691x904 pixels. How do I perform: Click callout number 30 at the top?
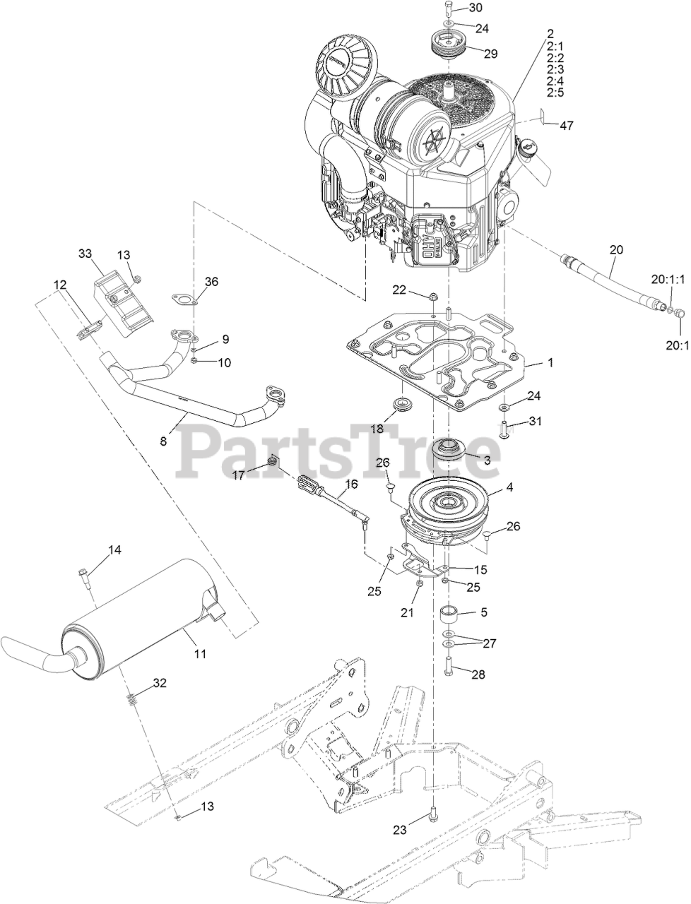(476, 8)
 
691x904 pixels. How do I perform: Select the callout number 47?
(567, 126)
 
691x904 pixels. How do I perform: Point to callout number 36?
(211, 281)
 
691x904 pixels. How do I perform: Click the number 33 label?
(85, 253)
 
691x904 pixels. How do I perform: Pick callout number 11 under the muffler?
(201, 654)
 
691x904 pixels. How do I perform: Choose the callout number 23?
(400, 831)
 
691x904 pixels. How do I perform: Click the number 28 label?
(478, 674)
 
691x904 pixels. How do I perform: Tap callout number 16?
(351, 484)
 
